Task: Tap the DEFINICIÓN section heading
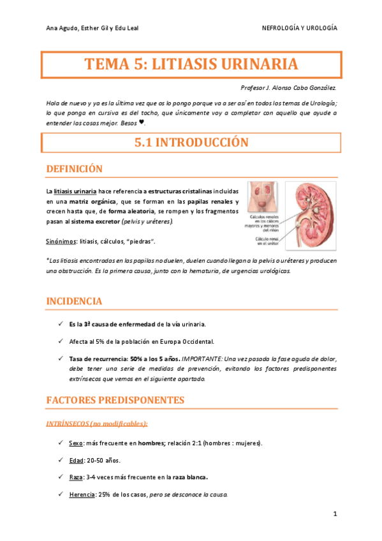pyautogui.click(x=75, y=168)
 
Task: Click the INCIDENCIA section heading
pyautogui.click(x=73, y=300)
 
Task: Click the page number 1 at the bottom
pyautogui.click(x=334, y=514)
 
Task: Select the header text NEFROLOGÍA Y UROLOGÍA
pyautogui.click(x=300, y=29)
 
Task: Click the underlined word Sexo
pyautogui.click(x=75, y=443)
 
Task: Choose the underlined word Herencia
pyautogui.click(x=82, y=494)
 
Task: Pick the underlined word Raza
pyautogui.click(x=75, y=477)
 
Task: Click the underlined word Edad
pyautogui.click(x=76, y=460)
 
